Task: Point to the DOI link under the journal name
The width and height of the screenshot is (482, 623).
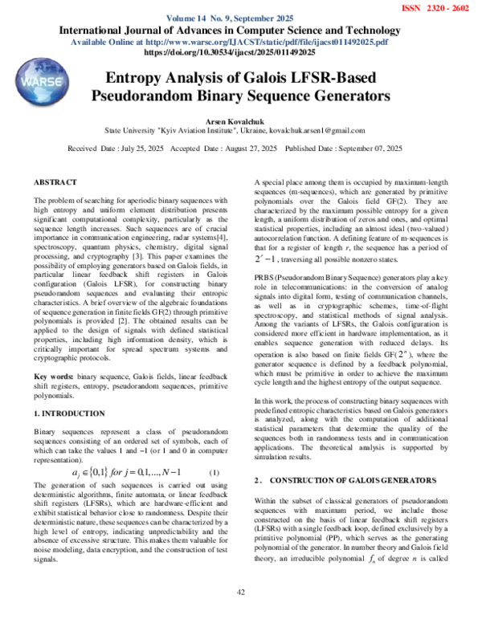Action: (x=240, y=52)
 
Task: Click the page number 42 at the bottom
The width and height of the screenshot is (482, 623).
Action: (x=240, y=592)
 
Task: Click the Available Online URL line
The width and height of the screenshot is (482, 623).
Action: (x=240, y=42)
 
